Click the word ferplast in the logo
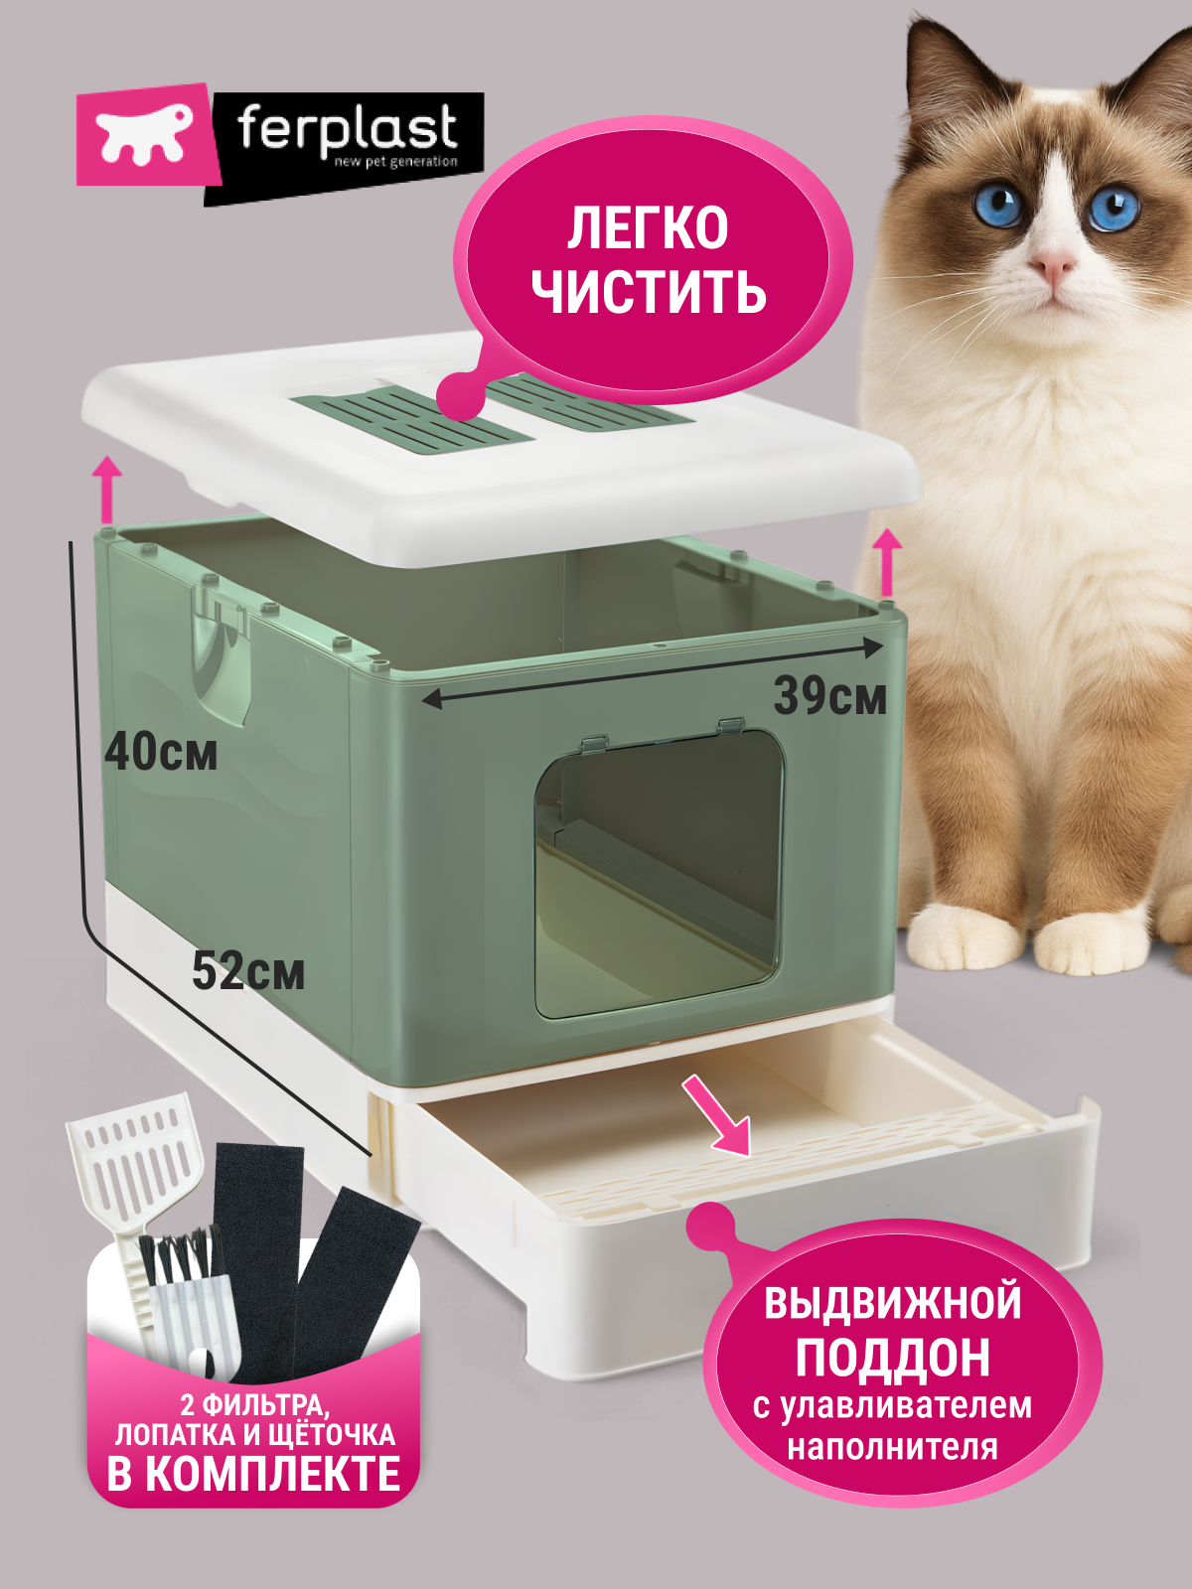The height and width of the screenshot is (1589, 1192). point(347,129)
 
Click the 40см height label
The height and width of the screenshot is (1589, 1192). point(161,752)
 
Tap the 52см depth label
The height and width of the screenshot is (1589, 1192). point(248,970)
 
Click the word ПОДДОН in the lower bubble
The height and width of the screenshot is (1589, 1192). point(892,1358)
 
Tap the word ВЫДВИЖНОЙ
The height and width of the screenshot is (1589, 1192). point(892,1303)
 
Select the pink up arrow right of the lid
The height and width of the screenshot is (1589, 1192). point(887,562)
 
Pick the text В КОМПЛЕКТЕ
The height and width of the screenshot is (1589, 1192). point(254,1474)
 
